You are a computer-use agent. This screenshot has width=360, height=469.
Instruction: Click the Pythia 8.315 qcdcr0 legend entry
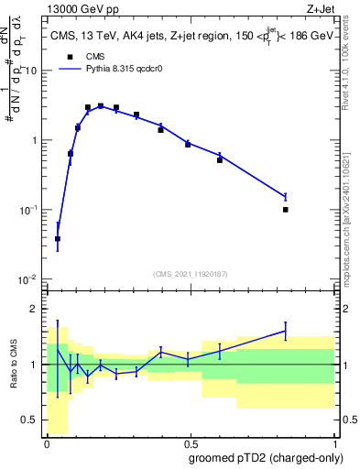point(108,68)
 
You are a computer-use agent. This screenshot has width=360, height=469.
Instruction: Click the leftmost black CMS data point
point(58,239)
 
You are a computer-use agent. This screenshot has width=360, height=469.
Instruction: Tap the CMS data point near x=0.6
point(220,160)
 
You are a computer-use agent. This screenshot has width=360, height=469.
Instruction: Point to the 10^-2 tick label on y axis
point(31,278)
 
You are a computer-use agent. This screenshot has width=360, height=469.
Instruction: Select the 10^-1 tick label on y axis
point(31,210)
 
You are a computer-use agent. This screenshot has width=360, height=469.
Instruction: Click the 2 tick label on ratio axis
point(38,309)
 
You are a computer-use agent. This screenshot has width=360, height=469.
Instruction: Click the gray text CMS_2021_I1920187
point(191,273)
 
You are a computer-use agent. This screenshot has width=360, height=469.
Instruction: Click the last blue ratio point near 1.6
point(286,331)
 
